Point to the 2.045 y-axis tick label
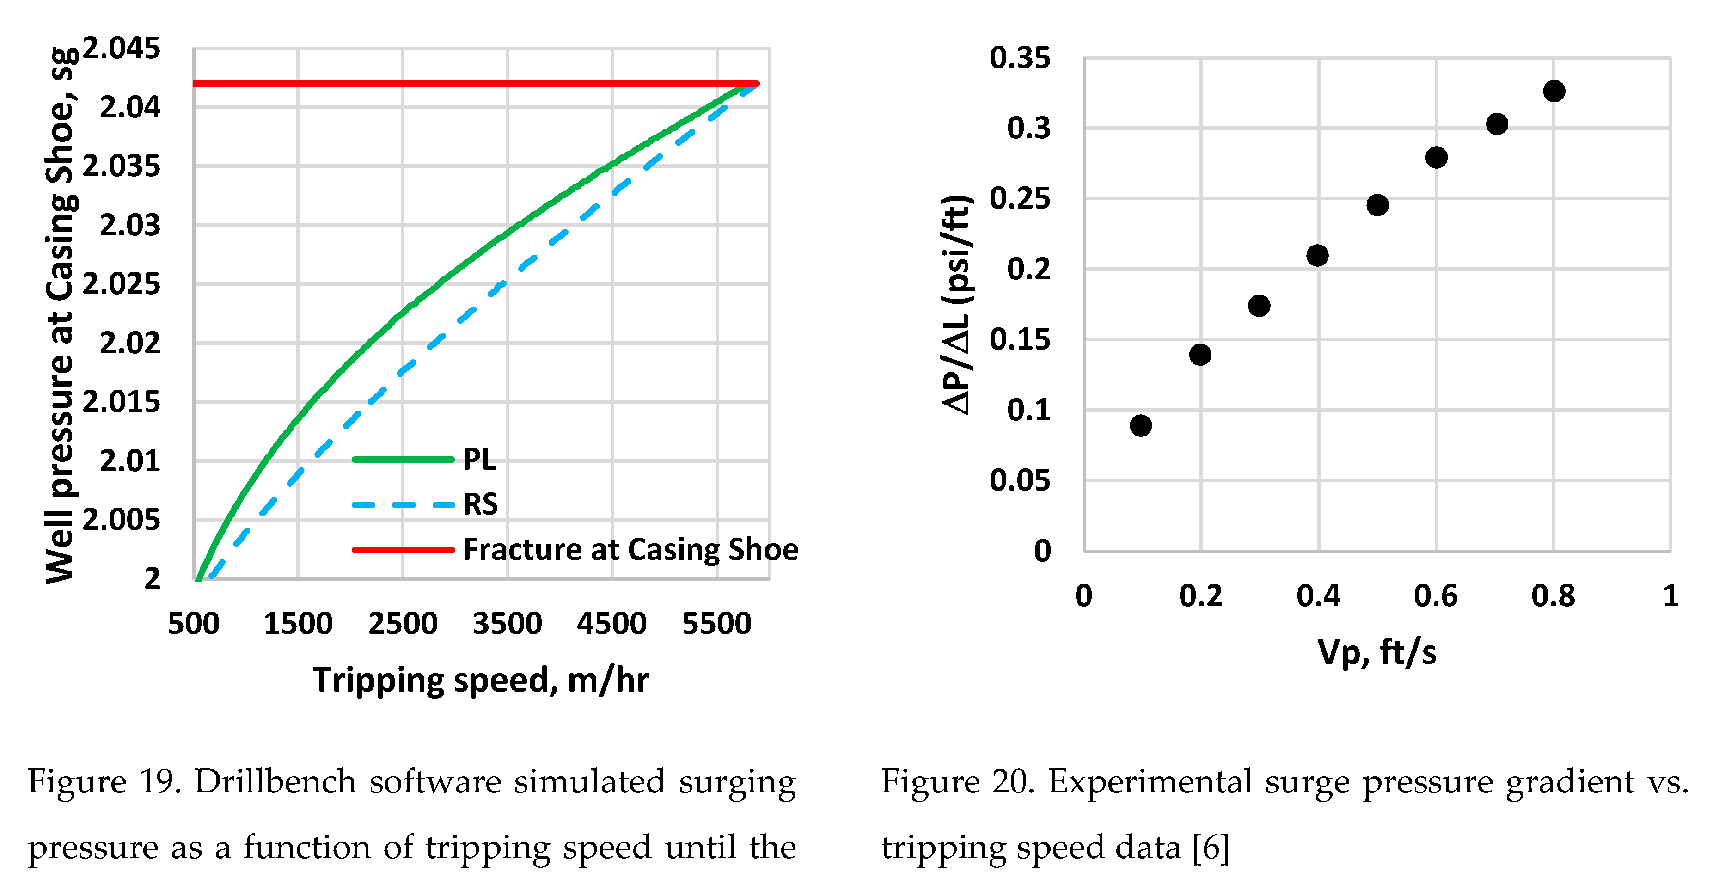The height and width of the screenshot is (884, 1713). coord(121,48)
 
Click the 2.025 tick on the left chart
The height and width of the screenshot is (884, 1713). coord(121,284)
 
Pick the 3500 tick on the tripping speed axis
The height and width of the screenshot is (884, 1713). coord(508,623)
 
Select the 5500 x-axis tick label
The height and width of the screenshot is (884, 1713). coord(717,623)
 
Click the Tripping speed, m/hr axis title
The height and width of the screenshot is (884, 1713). coord(481,680)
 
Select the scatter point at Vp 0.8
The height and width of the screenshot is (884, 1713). coord(1554,91)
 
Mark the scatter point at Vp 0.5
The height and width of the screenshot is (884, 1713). coord(1377,205)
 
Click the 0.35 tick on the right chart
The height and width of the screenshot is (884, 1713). coord(1019,58)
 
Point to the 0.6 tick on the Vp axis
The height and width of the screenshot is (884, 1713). coord(1436,595)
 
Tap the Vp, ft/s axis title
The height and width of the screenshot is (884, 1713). coord(1377,652)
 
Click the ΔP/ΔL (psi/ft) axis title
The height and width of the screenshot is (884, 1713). coord(958,305)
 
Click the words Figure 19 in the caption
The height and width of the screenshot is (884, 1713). coord(104,781)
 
